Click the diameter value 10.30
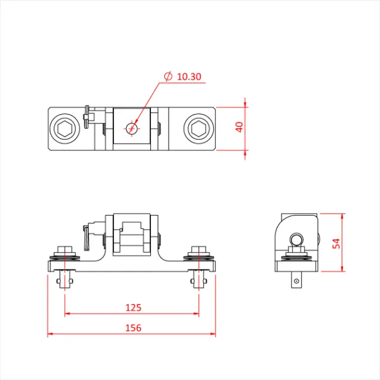coord(189,77)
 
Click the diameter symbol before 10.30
coord(168,77)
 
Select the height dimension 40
coord(239,128)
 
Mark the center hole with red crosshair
coord(132,128)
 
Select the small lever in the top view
coord(88,116)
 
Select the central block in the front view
coord(132,235)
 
